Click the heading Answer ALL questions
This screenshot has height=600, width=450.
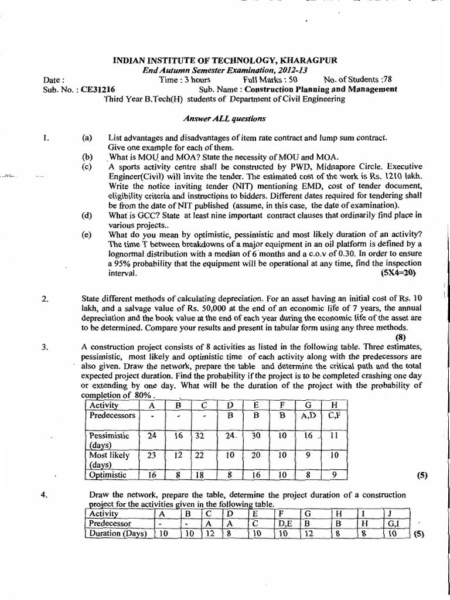[224, 118]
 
